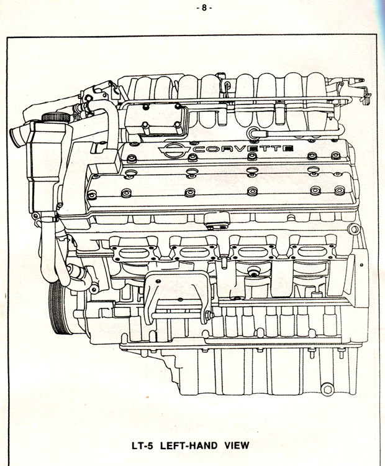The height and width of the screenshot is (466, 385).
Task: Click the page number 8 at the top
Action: click(204, 8)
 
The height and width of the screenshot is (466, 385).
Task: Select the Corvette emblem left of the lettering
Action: click(175, 149)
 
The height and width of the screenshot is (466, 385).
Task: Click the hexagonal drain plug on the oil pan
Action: click(327, 389)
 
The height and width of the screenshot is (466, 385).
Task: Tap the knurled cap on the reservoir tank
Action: click(56, 118)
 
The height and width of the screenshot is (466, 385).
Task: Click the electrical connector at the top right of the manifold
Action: click(366, 98)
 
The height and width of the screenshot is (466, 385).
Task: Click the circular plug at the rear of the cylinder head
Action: click(354, 229)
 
